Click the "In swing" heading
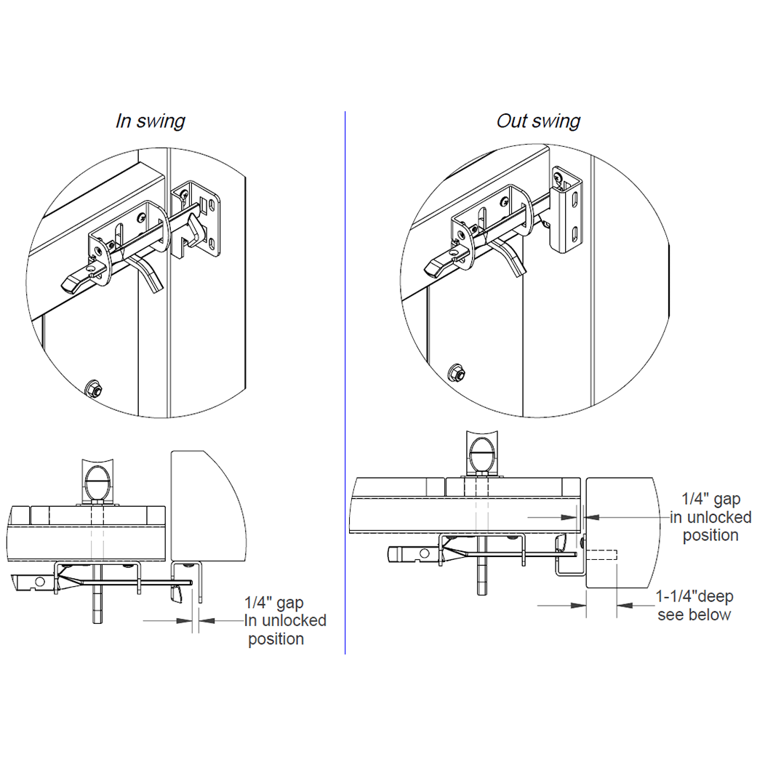(x=151, y=121)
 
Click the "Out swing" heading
(x=538, y=121)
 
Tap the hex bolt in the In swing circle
(x=93, y=388)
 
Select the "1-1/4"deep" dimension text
(x=694, y=597)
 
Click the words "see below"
(x=694, y=615)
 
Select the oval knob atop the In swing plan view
(x=100, y=481)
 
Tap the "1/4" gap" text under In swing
(x=274, y=603)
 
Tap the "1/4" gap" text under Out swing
(x=710, y=500)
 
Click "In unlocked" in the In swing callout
(x=284, y=621)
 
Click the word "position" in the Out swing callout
(x=710, y=536)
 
